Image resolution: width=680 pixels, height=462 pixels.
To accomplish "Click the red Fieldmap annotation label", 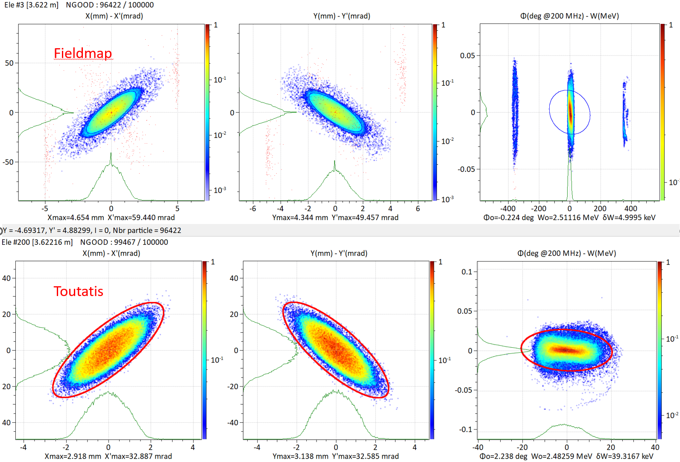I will pyautogui.click(x=82, y=53).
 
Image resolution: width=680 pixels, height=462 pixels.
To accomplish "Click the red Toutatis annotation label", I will pyautogui.click(x=78, y=291).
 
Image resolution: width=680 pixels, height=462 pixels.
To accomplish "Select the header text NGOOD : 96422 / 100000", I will pyautogui.click(x=110, y=5).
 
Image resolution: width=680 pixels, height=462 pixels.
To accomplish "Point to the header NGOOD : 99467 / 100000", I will pyautogui.click(x=124, y=242).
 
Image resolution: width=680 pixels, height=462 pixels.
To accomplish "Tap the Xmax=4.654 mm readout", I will pyautogui.click(x=76, y=218).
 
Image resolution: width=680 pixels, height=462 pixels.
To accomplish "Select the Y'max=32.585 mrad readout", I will pyautogui.click(x=365, y=456).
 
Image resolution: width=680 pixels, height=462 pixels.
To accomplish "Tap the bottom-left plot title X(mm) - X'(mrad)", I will pyautogui.click(x=111, y=253).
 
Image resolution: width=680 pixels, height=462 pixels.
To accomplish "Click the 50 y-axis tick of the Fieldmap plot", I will pyautogui.click(x=9, y=63).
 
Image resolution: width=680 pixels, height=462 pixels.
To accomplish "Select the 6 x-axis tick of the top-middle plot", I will pyautogui.click(x=418, y=209).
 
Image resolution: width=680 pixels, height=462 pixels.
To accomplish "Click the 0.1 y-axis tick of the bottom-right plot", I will pyautogui.click(x=467, y=272).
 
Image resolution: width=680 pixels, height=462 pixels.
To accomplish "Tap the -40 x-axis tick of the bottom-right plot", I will pyautogui.click(x=478, y=447).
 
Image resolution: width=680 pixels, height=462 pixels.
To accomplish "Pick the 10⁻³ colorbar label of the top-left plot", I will pyautogui.click(x=220, y=190).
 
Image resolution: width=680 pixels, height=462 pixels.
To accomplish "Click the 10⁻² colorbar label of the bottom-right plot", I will pyautogui.click(x=672, y=415).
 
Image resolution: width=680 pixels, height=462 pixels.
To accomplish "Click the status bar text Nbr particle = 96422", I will pyautogui.click(x=147, y=230).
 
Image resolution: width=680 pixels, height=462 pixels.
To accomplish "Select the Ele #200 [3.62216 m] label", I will pyautogui.click(x=37, y=242).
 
